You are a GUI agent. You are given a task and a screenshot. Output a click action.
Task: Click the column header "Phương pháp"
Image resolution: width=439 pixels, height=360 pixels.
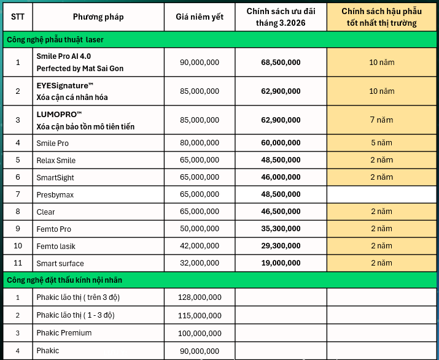pos(98,17)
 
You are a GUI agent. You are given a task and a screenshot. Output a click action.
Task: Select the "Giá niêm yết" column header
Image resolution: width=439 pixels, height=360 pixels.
pos(199,17)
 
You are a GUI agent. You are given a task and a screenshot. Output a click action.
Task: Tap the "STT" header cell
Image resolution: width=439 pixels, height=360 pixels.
pos(18,17)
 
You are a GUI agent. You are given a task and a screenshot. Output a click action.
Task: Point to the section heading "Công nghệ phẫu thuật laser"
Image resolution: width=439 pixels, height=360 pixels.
pos(55,39)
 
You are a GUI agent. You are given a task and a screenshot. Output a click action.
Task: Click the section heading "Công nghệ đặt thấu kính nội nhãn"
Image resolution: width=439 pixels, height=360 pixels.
pos(64,280)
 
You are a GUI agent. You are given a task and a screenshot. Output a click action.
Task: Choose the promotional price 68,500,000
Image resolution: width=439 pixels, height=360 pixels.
pos(281,63)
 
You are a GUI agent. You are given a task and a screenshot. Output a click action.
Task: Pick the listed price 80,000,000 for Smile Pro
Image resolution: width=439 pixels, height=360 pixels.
pos(200,143)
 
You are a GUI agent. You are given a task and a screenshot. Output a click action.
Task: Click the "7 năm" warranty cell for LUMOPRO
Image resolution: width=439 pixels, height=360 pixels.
pos(381,120)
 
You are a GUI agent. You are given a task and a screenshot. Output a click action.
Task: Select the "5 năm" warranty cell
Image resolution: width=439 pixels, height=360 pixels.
pos(381,143)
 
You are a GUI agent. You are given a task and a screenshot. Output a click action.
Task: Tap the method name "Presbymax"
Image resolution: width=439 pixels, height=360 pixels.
pos(55,194)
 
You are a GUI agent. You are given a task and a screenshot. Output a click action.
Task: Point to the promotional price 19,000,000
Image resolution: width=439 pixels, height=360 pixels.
pos(281,263)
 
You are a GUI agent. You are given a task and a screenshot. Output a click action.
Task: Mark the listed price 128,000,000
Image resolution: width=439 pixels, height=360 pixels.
pos(200,297)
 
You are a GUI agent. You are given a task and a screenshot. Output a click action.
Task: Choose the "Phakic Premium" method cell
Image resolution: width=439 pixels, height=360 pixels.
pos(64,332)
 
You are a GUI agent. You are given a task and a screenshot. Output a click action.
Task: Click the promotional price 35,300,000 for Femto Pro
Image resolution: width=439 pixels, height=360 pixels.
pos(281,229)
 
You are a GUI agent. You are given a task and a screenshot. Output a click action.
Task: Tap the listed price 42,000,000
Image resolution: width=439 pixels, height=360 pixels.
pos(200,246)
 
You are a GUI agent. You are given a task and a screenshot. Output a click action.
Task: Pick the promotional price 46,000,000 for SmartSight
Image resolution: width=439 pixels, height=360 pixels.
pos(281,177)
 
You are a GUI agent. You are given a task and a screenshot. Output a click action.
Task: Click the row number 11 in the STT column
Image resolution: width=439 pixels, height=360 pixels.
pos(18,263)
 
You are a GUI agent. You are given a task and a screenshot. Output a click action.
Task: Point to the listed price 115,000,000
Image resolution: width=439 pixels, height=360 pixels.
pos(200,315)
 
